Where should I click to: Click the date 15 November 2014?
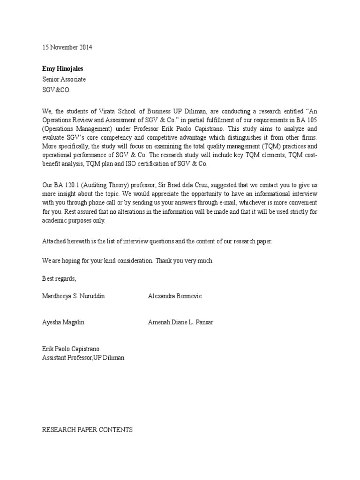pyautogui.click(x=67, y=47)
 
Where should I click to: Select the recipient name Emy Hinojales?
pyautogui.click(x=63, y=69)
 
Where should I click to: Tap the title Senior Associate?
pyautogui.click(x=64, y=79)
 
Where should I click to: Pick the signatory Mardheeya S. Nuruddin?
pyautogui.click(x=74, y=296)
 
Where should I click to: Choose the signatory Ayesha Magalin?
pyautogui.click(x=64, y=322)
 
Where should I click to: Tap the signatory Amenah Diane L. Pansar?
pyautogui.click(x=180, y=322)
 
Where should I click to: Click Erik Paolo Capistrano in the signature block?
pyautogui.click(x=71, y=349)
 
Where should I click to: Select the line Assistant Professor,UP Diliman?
pyautogui.click(x=83, y=358)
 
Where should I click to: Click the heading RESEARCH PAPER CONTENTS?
pyautogui.click(x=88, y=429)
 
